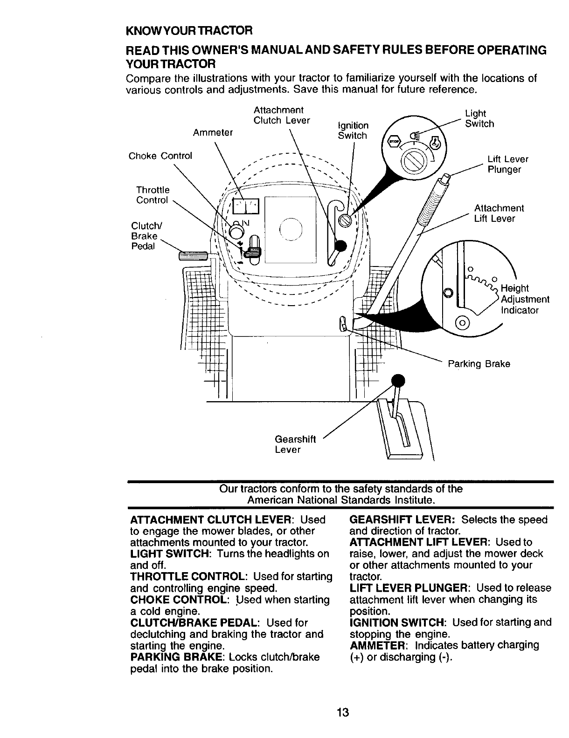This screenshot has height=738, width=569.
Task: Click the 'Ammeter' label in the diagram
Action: coord(213,132)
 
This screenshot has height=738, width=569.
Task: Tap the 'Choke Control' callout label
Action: coord(160,156)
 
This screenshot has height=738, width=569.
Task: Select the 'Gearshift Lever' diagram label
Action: coord(295,444)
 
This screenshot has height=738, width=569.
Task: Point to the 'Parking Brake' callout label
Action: coord(479,363)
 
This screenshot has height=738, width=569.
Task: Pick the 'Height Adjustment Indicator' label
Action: coord(524,299)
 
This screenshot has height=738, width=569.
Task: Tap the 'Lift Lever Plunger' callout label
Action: coord(507,164)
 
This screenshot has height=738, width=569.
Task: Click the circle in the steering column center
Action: coord(291,230)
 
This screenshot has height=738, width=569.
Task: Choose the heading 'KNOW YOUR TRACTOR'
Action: coord(189,31)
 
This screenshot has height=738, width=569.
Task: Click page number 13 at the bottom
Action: coord(343,713)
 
